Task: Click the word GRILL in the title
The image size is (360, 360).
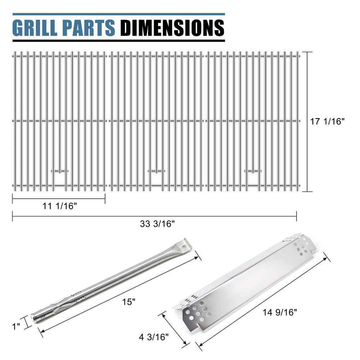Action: point(35,28)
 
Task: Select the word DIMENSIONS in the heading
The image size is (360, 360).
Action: point(172,28)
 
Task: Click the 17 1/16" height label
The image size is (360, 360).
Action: point(327,121)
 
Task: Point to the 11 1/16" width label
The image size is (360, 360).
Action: point(60,206)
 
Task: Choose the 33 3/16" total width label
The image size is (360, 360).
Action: point(158,224)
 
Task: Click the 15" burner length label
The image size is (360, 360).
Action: point(129,302)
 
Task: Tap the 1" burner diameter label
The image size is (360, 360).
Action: point(16,326)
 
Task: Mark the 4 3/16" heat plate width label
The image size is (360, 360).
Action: point(154,337)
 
